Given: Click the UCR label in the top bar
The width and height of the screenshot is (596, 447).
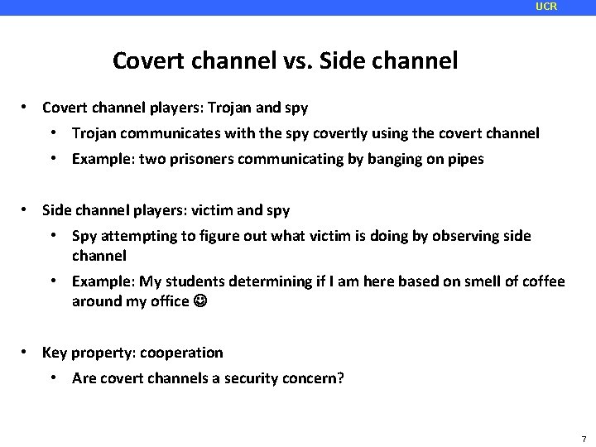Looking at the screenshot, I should click(546, 7).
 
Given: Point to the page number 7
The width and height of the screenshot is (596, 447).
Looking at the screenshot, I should click(584, 439).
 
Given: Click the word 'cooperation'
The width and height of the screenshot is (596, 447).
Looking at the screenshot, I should click(181, 353).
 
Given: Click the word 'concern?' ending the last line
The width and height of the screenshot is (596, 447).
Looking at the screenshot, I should click(315, 379).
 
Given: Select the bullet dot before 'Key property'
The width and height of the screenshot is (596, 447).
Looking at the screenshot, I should click(27, 353).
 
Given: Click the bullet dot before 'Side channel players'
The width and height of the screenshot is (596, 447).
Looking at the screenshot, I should click(27, 210).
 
